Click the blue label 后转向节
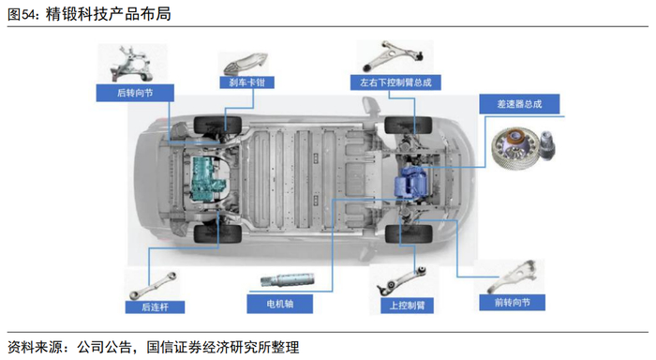click(135, 93)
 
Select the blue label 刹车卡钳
click(246, 82)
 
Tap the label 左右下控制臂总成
click(395, 82)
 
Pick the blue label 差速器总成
click(519, 104)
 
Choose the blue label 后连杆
click(155, 307)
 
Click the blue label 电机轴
click(279, 304)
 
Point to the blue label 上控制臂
click(407, 306)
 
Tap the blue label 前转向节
click(512, 303)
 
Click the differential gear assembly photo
click(523, 149)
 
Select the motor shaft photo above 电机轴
click(287, 279)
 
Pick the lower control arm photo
click(394, 55)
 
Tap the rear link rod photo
click(153, 286)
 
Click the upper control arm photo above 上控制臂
click(402, 279)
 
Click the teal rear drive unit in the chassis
click(208, 179)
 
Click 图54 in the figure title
click(20, 15)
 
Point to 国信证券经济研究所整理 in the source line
click(223, 347)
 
